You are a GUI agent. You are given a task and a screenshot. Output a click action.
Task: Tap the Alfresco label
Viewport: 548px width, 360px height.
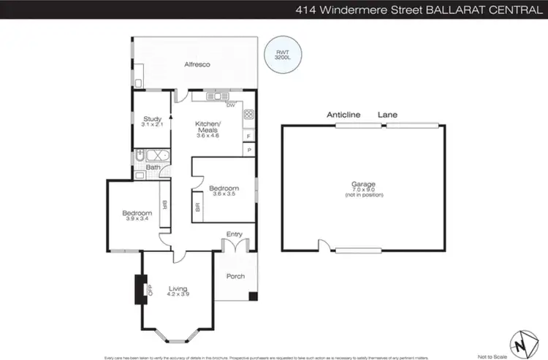[x=197, y=66]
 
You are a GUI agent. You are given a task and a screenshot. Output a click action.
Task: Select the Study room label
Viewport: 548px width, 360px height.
[x=152, y=122]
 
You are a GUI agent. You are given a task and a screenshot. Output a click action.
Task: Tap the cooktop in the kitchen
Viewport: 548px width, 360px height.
[x=248, y=114]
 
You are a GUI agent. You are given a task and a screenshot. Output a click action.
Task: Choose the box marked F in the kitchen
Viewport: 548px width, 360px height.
[x=249, y=136]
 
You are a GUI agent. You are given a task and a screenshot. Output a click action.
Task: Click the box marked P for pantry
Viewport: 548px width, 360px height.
[x=249, y=150]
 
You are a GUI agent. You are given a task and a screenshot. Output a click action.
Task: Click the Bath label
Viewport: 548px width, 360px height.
[x=153, y=167]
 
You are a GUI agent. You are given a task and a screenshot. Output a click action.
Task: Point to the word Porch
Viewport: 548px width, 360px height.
[x=235, y=276]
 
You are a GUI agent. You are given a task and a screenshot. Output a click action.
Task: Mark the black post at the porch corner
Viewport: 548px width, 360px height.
[x=253, y=296]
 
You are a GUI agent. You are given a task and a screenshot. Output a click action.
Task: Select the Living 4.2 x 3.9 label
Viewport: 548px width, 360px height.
[x=178, y=291]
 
